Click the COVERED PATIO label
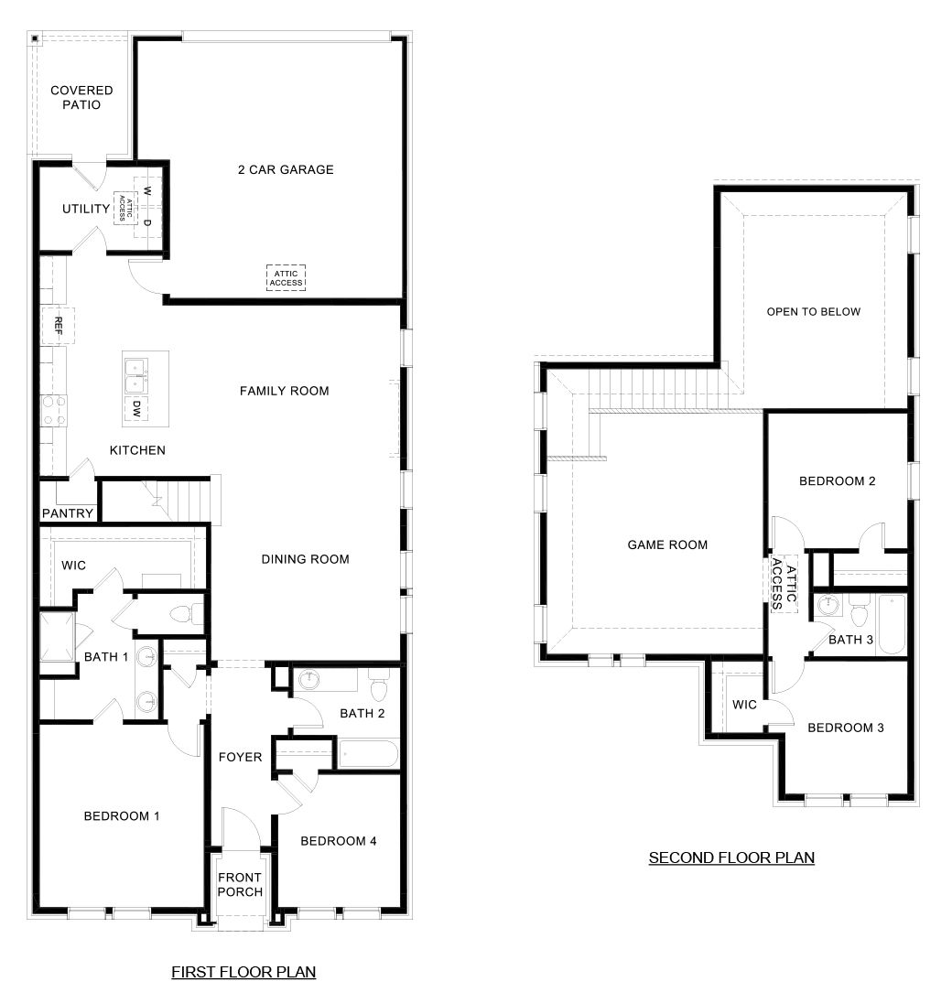click(81, 98)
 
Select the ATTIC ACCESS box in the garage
click(286, 277)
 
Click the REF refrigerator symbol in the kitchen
click(58, 325)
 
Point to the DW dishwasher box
click(136, 408)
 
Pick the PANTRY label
click(68, 513)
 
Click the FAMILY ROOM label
click(284, 391)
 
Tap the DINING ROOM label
click(305, 559)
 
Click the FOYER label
click(241, 757)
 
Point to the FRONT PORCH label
click(240, 885)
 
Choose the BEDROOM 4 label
click(339, 841)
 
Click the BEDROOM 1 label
click(122, 816)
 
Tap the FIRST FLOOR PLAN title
click(243, 972)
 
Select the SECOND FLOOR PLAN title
click(731, 857)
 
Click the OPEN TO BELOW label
click(814, 311)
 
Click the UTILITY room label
click(86, 210)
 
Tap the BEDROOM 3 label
click(846, 728)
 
